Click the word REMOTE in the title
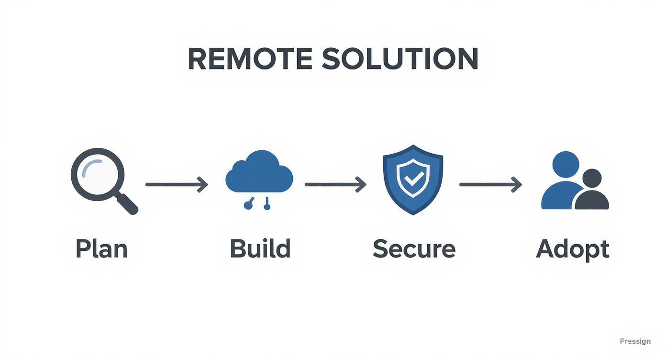pos(250,59)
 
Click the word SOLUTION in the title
pos(400,59)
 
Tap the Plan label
pos(102,249)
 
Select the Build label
pos(260,249)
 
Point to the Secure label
pos(414,249)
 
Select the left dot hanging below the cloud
pos(247,206)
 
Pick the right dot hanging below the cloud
pos(267,206)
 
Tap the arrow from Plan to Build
pos(177,184)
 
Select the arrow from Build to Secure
pos(335,184)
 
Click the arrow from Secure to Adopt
pos(490,184)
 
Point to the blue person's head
pos(566,164)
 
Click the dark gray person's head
pos(591,179)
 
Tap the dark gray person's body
pos(592,201)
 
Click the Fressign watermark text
pos(635,341)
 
